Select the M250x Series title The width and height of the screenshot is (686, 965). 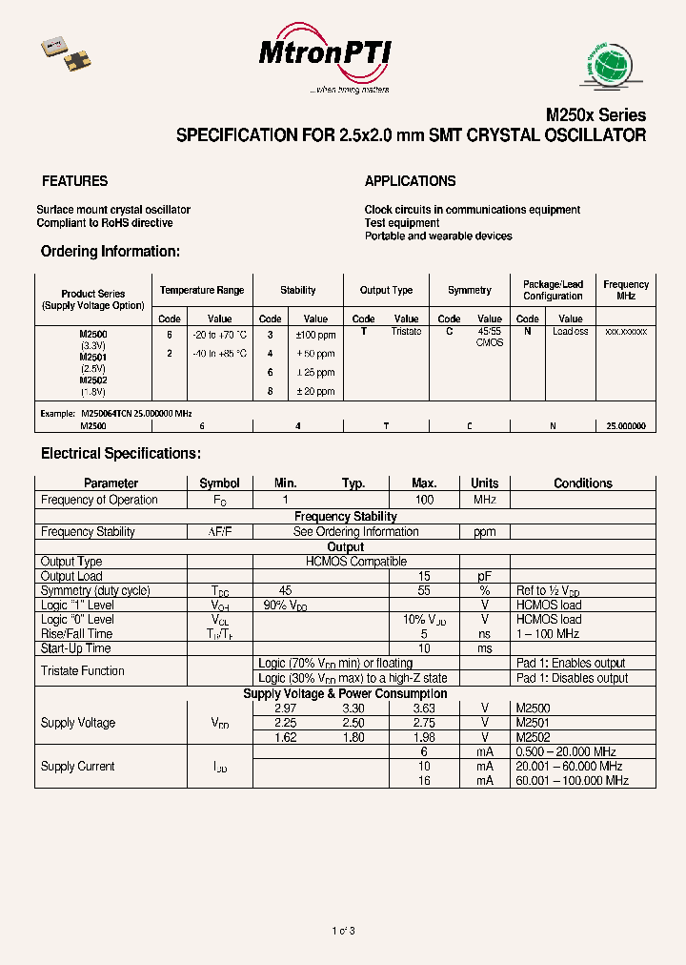(x=595, y=114)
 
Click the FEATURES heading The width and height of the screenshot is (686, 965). (x=74, y=181)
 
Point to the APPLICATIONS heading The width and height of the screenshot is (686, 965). (x=410, y=181)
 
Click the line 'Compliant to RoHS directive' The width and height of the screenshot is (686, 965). (x=105, y=223)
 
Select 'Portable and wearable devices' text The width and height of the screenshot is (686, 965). (x=438, y=236)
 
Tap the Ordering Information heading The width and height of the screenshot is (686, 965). (x=110, y=252)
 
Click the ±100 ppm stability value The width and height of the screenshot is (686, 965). (x=315, y=335)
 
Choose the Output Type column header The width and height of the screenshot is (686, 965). (x=386, y=290)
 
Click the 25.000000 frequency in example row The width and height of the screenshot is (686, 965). (x=625, y=426)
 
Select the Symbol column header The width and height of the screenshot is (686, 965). (x=219, y=483)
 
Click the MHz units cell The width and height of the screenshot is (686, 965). (x=484, y=500)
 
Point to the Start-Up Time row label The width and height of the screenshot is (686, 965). (x=75, y=648)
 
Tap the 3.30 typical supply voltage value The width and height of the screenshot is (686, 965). (x=353, y=708)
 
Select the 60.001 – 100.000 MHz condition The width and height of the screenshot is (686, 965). (x=572, y=781)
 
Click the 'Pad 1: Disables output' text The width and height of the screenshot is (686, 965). (x=572, y=678)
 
